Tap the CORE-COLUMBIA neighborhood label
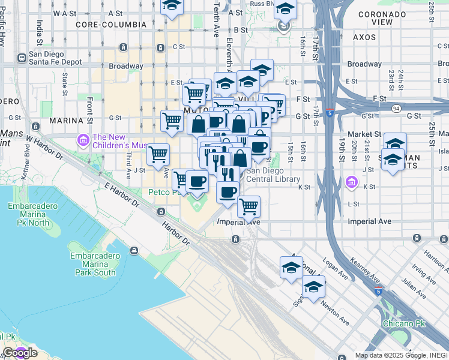[x=111, y=25]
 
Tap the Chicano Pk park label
[x=403, y=323]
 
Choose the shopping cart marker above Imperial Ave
[x=249, y=208]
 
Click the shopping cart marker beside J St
[x=158, y=155]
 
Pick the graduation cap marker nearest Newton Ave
[x=313, y=288]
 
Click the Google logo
[x=19, y=353]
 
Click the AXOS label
[x=364, y=37]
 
